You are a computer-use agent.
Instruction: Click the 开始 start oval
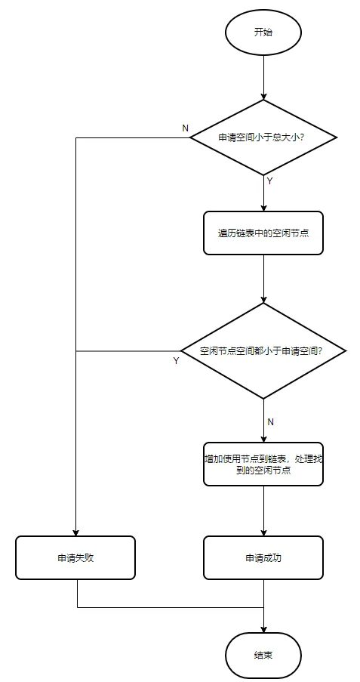coord(263,32)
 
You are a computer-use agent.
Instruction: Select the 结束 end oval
coord(263,656)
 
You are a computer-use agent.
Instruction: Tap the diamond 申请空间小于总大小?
coord(263,137)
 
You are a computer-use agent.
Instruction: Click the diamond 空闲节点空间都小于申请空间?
coord(263,350)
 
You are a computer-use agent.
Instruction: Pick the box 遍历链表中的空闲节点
coord(263,233)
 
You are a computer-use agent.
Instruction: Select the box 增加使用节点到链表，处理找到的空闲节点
coord(263,464)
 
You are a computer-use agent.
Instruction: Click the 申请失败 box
coord(75,557)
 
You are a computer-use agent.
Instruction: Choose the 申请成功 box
coord(263,557)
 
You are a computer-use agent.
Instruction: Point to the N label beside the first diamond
coord(185,128)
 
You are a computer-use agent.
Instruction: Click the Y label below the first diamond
coord(269,181)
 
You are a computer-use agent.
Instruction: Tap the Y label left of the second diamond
coord(176,361)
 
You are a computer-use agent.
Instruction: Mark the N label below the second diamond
coord(270,422)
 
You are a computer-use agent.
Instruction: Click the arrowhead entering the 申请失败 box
coord(75,532)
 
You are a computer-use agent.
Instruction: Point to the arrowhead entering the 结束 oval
coord(263,629)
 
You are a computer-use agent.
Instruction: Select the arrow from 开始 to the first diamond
coord(263,77)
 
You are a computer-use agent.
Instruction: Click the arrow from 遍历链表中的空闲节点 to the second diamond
coord(263,279)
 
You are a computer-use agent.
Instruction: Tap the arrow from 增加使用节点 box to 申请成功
coord(263,511)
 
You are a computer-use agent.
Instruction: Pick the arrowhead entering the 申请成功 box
coord(263,532)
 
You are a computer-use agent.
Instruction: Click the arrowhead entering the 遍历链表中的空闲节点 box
coord(263,208)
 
